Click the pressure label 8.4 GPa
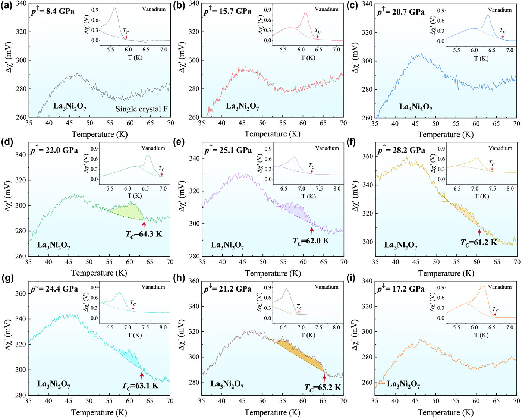[53, 11]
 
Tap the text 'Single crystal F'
[141, 109]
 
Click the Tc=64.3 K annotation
[144, 234]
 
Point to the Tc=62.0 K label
[311, 241]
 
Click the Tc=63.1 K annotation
[140, 386]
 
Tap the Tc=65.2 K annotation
[323, 388]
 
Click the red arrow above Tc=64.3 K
[144, 224]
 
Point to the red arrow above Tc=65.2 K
[324, 378]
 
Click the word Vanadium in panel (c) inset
[500, 10]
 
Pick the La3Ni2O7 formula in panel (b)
[242, 106]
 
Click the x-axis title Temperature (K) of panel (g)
[99, 412]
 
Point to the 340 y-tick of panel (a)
[21, 3]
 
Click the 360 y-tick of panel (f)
[368, 156]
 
